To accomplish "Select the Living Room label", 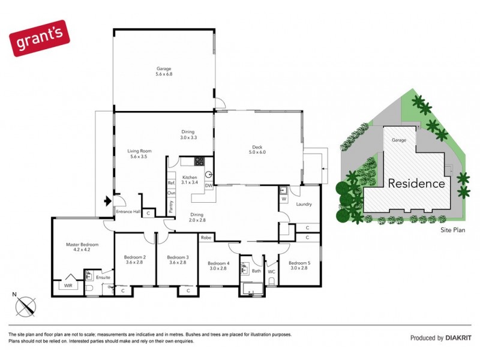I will point(139,154).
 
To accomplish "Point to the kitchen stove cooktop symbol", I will point(199,161).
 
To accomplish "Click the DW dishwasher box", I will point(209,185).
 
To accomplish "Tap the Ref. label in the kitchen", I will point(171,182).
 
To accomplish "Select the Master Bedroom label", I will point(82,248).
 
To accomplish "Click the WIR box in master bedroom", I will point(67,286).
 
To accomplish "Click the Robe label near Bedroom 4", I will point(206,238).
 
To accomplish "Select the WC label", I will point(271,272).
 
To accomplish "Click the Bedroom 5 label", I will point(299,265).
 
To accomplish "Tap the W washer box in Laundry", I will point(283,199).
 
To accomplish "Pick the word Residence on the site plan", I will point(416,184).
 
